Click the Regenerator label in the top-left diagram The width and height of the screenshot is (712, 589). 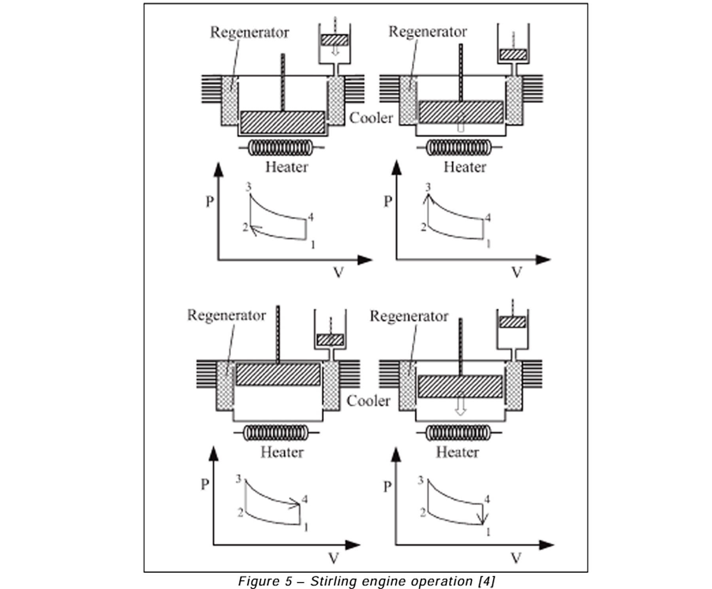point(249,32)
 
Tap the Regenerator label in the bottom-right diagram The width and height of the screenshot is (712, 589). point(409,316)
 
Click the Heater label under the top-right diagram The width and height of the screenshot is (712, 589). point(465,167)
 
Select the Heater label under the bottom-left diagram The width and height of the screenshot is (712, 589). point(282,452)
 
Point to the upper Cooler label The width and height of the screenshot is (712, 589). point(371,118)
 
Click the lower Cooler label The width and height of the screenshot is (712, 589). point(368,401)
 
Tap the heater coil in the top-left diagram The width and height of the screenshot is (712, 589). point(281,148)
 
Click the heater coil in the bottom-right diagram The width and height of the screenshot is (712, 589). point(459,433)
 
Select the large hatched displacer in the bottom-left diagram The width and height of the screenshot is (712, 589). point(278,374)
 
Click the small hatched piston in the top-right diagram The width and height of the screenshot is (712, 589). point(513,54)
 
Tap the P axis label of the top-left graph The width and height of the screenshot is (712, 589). point(210,201)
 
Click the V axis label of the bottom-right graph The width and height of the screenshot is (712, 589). point(516,558)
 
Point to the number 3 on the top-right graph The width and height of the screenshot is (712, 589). point(428,187)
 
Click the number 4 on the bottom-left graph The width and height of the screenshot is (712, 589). point(305,499)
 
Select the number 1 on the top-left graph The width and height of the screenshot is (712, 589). point(312,245)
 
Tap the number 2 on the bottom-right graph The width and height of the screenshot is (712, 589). point(422,513)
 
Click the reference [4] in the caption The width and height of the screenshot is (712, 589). point(486,581)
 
